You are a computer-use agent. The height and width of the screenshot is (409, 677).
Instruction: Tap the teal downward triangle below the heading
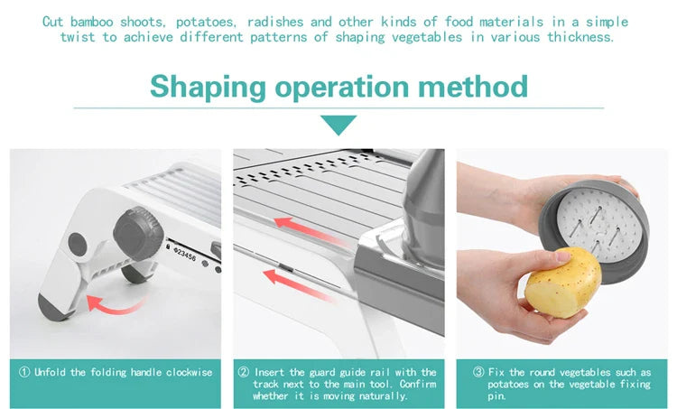click(338, 125)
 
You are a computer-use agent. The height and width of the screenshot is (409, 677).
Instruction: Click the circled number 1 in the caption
click(24, 372)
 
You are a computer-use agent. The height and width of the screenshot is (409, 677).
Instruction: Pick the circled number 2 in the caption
click(244, 372)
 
